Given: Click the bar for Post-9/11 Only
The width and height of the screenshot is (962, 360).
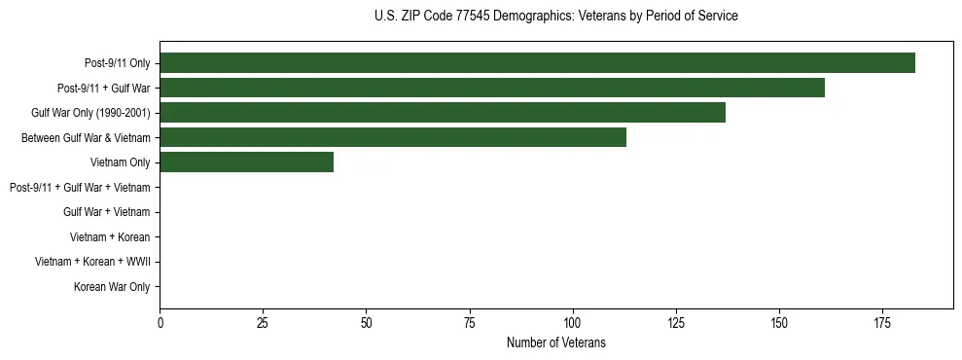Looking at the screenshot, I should (x=537, y=63).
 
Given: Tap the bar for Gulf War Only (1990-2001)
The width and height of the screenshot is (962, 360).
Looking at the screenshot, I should (x=443, y=113).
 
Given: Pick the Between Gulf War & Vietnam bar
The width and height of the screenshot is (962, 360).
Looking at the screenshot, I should (x=393, y=138).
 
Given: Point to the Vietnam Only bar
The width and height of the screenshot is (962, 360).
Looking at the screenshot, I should (x=246, y=162).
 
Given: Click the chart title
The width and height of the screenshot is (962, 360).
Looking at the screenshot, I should (x=555, y=17).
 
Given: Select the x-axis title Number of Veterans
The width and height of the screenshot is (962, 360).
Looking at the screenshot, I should (x=555, y=342).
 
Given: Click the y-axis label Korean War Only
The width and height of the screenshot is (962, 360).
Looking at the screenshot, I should (x=112, y=287).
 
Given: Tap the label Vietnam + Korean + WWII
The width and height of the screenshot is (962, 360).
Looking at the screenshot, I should (x=92, y=262).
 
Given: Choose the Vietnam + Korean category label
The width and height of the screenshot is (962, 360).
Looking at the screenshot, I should (x=110, y=236).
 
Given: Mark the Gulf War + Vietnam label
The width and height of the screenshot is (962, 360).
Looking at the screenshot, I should (x=107, y=212).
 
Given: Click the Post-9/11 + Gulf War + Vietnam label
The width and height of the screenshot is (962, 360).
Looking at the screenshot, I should (x=80, y=187).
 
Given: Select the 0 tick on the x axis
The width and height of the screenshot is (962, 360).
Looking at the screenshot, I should (x=160, y=322).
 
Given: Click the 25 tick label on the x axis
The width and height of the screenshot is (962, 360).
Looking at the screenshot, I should (x=263, y=322).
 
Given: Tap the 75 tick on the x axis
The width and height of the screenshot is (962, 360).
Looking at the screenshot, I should (x=469, y=322).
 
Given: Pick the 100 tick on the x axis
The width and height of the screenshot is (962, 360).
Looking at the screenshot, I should (x=572, y=322).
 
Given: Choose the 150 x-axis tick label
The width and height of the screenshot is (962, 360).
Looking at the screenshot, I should (x=779, y=322).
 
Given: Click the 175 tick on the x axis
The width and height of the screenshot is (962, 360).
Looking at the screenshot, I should (x=882, y=322).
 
